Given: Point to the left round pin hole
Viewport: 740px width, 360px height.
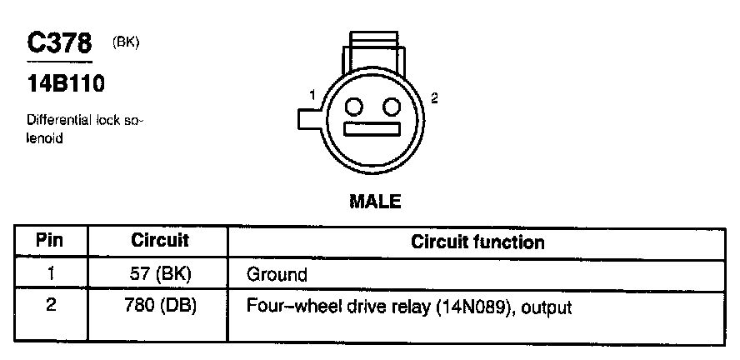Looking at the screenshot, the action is [353, 107].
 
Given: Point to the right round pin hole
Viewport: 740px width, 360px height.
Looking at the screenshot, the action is [390, 107].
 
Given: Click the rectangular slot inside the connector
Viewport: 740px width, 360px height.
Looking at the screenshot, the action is [373, 131].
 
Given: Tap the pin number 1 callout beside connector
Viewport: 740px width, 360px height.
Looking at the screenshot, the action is [312, 96].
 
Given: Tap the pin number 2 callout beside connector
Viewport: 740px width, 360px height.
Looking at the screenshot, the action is [434, 97].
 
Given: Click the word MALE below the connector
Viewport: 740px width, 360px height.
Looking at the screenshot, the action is [373, 202].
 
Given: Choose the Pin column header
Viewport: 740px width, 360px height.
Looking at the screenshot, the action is [51, 242].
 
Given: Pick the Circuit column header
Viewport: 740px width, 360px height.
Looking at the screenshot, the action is [160, 242].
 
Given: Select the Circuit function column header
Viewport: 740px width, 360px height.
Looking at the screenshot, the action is [477, 242].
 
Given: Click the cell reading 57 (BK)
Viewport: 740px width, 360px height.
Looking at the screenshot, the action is [160, 273].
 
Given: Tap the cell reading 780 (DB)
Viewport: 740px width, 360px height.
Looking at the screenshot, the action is [160, 306].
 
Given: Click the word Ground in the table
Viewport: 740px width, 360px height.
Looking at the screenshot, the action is [277, 274].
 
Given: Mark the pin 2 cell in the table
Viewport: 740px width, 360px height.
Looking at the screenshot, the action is [51, 306].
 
